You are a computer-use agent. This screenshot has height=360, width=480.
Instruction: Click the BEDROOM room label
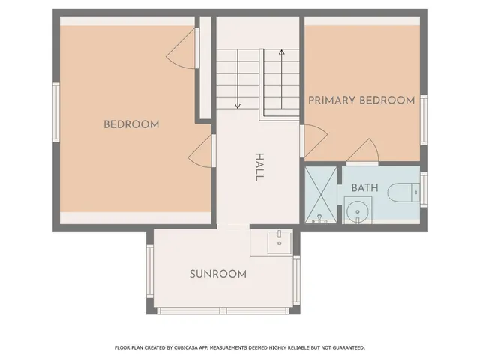click(131, 124)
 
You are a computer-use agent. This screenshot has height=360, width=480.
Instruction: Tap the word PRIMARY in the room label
click(332, 100)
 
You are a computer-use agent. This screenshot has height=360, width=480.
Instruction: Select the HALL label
click(259, 166)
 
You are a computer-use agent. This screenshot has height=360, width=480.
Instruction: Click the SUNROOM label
click(218, 274)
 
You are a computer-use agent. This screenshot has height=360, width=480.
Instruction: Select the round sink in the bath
click(359, 212)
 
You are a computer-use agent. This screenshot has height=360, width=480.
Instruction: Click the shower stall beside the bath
click(321, 195)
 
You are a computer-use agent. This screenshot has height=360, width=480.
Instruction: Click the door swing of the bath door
click(362, 151)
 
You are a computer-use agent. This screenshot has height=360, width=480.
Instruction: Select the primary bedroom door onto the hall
click(313, 140)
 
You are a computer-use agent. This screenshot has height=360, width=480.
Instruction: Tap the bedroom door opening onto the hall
click(200, 151)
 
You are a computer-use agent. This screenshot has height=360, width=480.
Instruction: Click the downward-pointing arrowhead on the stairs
click(238, 106)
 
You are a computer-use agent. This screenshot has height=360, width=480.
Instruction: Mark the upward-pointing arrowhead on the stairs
click(281, 52)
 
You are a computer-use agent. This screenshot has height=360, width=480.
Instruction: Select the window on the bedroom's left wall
click(55, 111)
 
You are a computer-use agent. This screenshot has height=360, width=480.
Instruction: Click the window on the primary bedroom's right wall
click(423, 120)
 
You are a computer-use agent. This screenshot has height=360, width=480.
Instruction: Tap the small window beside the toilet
click(423, 189)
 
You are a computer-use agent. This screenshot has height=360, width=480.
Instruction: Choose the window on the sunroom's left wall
click(150, 272)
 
